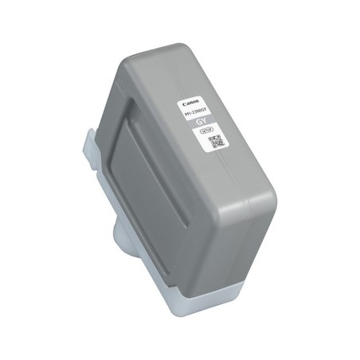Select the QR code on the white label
215,143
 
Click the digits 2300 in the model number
199,114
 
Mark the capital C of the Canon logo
185,104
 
